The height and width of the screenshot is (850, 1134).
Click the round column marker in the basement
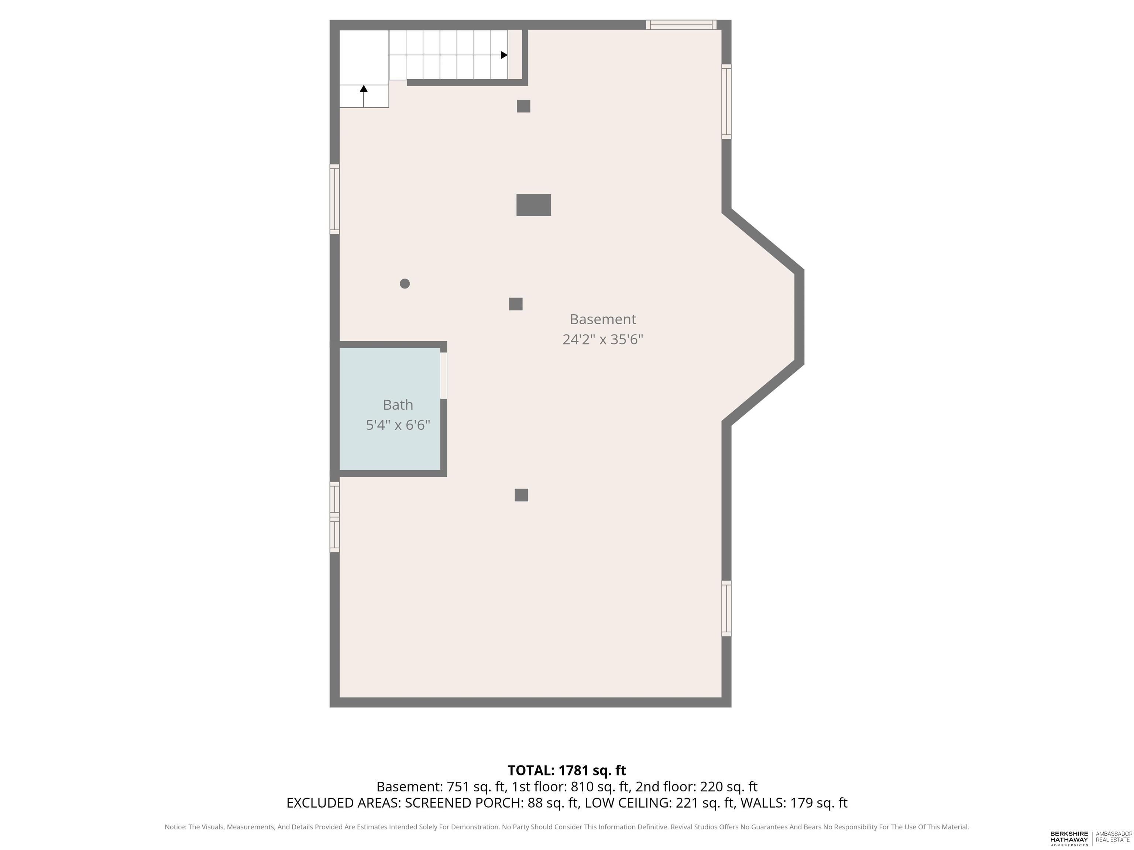pos(405,283)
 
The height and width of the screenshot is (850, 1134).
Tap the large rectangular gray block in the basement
pos(534,205)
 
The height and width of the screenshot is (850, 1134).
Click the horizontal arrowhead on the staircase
pos(505,55)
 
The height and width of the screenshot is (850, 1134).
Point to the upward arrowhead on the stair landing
pos(364,89)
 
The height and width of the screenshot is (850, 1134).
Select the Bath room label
pos(398,405)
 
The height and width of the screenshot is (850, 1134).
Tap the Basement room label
pos(603,319)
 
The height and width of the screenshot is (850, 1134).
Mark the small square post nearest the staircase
pos(523,106)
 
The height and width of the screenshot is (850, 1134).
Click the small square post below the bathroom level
pos(521,495)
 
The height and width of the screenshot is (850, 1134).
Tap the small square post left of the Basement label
pos(516,304)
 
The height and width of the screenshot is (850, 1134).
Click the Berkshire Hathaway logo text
pos(1069,838)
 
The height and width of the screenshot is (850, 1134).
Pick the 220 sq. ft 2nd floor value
pos(728,787)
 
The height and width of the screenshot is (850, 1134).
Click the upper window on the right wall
pos(726,101)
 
